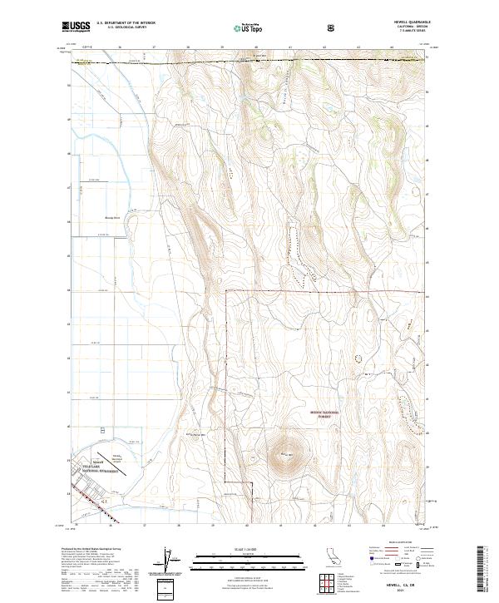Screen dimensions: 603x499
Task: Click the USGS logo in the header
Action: [x=76, y=27]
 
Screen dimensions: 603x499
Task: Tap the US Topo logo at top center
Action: [x=243, y=27]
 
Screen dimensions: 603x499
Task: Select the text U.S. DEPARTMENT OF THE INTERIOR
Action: [x=126, y=23]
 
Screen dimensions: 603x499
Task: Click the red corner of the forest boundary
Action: [x=227, y=291]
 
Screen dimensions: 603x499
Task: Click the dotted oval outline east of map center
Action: [x=358, y=357]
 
